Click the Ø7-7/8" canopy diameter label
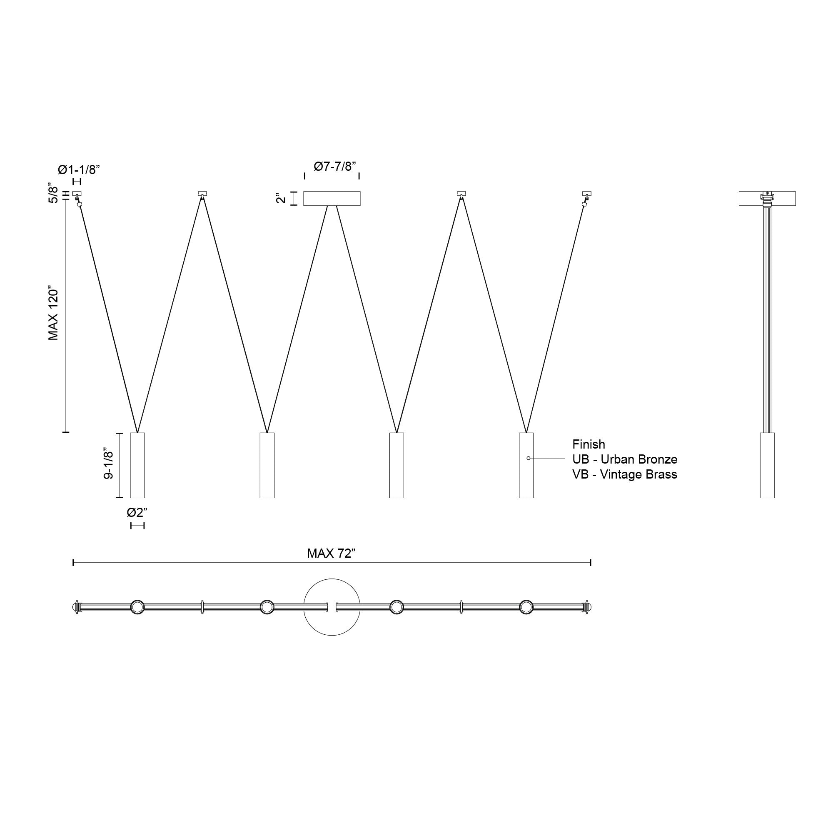click(x=335, y=167)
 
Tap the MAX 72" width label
click(x=331, y=553)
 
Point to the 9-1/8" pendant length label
click(x=109, y=465)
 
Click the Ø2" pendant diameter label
click(x=137, y=513)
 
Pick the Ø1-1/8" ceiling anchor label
click(x=79, y=170)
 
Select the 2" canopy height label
click(x=281, y=198)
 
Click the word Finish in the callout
click(x=589, y=444)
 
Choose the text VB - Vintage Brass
click(x=625, y=474)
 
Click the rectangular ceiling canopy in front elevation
click(x=332, y=198)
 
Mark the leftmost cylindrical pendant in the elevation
click(x=137, y=465)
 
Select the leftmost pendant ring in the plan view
click(x=137, y=607)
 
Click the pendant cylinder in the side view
click(x=767, y=465)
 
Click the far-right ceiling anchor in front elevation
click(x=587, y=194)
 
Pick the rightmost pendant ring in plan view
click(x=526, y=607)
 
